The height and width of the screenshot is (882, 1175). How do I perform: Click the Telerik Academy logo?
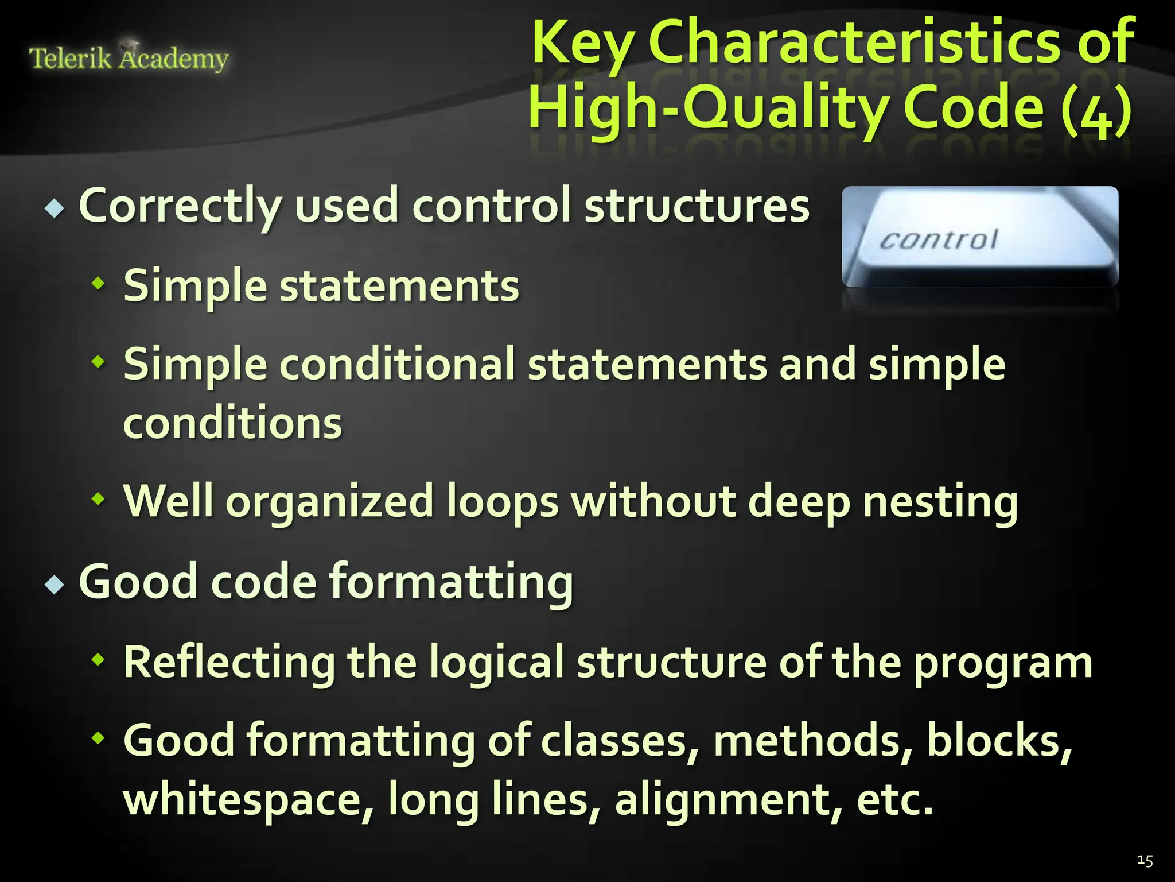tap(129, 58)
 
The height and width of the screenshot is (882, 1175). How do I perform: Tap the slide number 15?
tap(1145, 860)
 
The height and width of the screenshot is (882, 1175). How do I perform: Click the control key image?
tap(979, 237)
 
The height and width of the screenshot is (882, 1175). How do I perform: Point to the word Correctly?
tap(180, 206)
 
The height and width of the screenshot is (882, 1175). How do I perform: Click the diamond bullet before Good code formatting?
tap(55, 585)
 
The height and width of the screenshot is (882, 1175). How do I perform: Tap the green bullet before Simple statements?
tap(99, 283)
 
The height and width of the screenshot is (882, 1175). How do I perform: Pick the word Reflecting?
tap(229, 661)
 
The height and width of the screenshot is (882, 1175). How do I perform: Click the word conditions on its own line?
tap(232, 423)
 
